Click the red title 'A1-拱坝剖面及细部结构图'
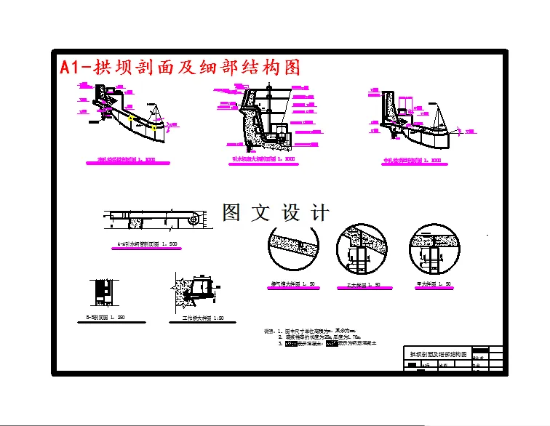click(180, 68)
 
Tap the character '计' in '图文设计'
click(319, 212)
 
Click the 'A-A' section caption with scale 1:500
click(150, 245)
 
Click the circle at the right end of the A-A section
click(196, 217)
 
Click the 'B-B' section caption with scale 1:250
click(106, 318)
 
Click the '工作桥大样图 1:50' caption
click(198, 318)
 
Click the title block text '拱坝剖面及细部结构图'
click(437, 353)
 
